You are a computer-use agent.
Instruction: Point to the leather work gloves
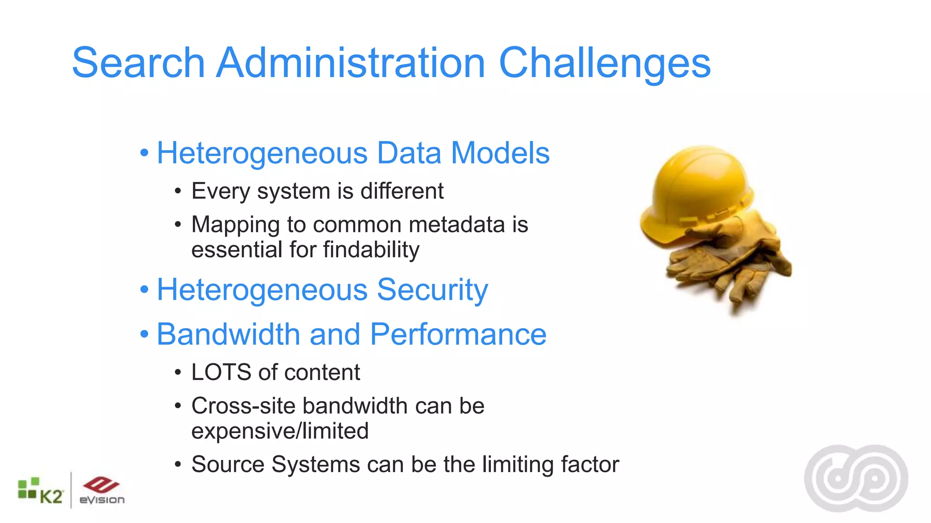point(732,263)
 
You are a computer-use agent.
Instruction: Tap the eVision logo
point(101,490)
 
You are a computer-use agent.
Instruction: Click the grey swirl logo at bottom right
point(856,478)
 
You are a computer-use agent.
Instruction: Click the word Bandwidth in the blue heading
point(228,335)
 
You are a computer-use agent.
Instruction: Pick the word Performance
point(458,335)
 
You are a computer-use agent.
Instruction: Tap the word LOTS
point(221,373)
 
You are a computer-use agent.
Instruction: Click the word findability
point(371,250)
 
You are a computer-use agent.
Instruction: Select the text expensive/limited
point(280,431)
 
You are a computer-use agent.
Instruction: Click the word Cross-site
point(243,406)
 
